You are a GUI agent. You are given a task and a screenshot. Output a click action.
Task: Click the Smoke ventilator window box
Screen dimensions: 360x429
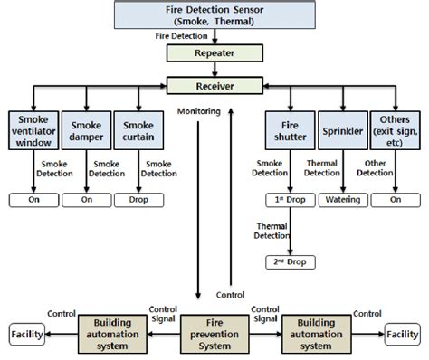coord(33,129)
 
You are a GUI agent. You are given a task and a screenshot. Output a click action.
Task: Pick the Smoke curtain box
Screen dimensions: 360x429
coord(138,129)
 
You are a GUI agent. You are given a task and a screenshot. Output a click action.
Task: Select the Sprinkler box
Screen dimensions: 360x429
coord(343,129)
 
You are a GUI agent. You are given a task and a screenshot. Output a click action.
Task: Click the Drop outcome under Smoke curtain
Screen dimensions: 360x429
coord(138,199)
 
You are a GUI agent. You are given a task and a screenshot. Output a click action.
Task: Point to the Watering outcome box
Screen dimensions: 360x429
coord(343,199)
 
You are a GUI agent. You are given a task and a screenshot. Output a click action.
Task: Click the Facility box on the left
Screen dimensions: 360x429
coord(24,335)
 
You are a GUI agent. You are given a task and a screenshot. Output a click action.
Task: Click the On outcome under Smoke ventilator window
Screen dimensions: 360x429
coord(33,199)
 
